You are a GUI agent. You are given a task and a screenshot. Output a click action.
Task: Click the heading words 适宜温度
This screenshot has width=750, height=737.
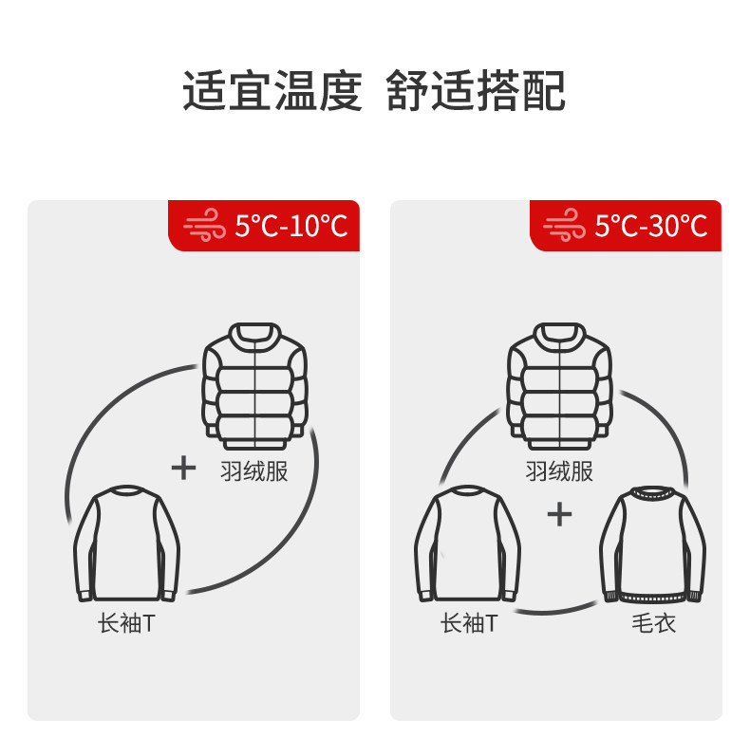click(272, 91)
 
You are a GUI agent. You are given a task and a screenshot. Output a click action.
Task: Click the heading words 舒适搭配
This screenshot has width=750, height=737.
click(476, 91)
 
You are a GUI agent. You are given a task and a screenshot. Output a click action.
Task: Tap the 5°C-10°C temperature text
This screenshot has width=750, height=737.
click(291, 226)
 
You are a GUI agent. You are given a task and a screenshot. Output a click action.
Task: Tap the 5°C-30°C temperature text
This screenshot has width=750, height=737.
click(651, 226)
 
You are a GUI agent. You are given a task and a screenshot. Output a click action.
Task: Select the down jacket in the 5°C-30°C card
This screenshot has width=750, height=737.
click(560, 384)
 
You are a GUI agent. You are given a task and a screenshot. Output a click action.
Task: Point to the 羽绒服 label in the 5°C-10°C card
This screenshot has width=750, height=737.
click(253, 470)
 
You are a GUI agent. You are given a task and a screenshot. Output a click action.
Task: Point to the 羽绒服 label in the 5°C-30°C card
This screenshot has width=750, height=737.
click(559, 470)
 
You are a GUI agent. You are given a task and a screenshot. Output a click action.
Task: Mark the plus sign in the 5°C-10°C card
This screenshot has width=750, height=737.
click(183, 468)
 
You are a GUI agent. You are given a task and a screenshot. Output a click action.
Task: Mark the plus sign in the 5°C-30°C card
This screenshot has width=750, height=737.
click(560, 514)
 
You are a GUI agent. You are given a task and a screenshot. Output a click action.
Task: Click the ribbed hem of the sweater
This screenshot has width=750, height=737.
click(652, 596)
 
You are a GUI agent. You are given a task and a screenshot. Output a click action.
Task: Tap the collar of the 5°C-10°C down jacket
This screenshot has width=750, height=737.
click(255, 333)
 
